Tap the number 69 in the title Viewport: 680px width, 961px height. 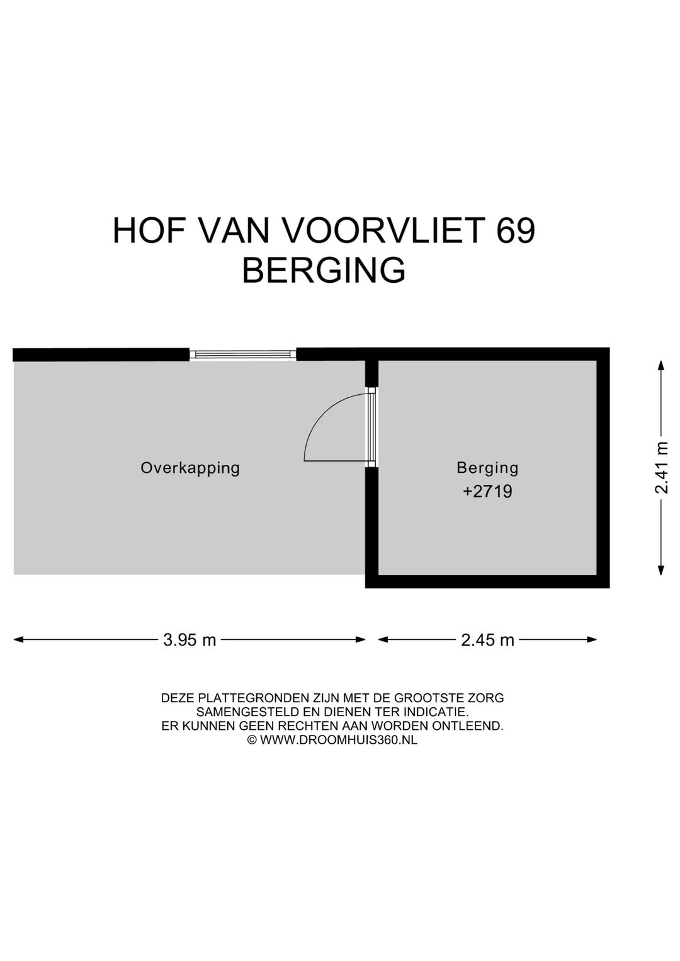(516, 230)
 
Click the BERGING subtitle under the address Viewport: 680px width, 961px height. (324, 270)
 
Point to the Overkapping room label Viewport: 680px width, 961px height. (190, 468)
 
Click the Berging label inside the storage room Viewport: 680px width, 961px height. (487, 468)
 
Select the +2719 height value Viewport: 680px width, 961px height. (487, 491)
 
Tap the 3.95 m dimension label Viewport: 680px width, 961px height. (190, 640)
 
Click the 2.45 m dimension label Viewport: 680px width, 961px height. (487, 640)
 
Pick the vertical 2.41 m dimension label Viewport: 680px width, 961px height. (661, 467)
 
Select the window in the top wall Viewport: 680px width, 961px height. (243, 355)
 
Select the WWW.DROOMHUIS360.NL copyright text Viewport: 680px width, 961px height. (338, 741)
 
